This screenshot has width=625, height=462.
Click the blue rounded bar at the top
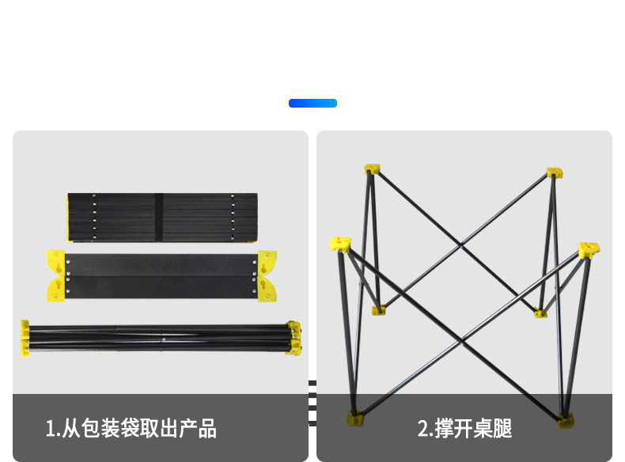312,103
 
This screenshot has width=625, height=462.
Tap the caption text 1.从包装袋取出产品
131,429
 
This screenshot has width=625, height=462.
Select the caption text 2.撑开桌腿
464,429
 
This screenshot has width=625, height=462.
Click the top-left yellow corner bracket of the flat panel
56,262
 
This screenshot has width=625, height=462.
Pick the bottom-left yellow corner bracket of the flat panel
56,290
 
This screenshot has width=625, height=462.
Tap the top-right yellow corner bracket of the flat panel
267,262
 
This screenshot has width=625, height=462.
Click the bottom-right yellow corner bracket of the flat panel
267,290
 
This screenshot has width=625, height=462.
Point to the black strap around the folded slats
158,217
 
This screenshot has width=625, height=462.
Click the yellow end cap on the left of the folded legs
25,338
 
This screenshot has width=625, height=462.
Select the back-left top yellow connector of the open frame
372,169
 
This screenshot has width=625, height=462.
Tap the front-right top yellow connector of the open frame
589,252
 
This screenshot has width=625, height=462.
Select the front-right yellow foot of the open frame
565,419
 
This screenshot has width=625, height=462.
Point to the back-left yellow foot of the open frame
379,309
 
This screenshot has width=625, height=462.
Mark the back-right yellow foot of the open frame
540,312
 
